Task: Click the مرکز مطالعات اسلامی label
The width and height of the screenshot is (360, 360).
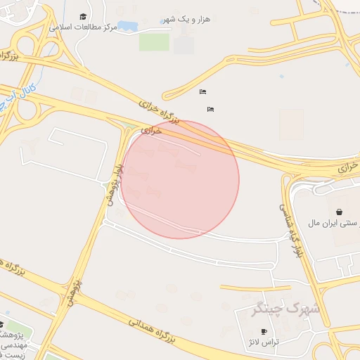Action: (84, 27)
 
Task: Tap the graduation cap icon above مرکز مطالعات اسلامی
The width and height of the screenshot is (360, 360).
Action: (83, 16)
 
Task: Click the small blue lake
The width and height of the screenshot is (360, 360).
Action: (128, 26)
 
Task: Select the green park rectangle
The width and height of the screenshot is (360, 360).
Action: (154, 42)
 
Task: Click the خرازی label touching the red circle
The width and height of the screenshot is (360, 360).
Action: (151, 130)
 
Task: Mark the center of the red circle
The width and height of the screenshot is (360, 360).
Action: (180, 179)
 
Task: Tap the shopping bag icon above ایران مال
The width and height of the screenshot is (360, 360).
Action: (340, 212)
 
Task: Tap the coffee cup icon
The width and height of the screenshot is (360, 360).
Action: (264, 331)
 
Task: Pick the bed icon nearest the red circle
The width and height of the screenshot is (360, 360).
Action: (210, 109)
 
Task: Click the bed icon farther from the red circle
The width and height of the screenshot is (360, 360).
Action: (202, 92)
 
